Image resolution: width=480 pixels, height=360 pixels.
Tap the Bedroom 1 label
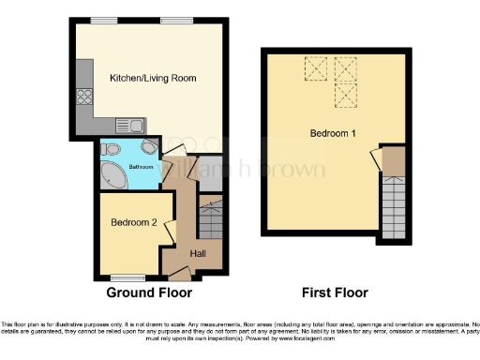click(x=334, y=134)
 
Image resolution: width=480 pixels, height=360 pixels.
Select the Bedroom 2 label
click(x=134, y=223)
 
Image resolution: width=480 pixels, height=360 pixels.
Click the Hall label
click(x=199, y=253)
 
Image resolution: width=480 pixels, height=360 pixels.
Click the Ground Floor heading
click(x=150, y=292)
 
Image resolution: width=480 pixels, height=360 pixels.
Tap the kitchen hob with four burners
click(x=84, y=97)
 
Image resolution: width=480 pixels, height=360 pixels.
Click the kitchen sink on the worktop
click(x=128, y=124)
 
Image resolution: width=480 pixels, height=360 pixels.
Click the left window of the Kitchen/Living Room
click(x=104, y=21)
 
